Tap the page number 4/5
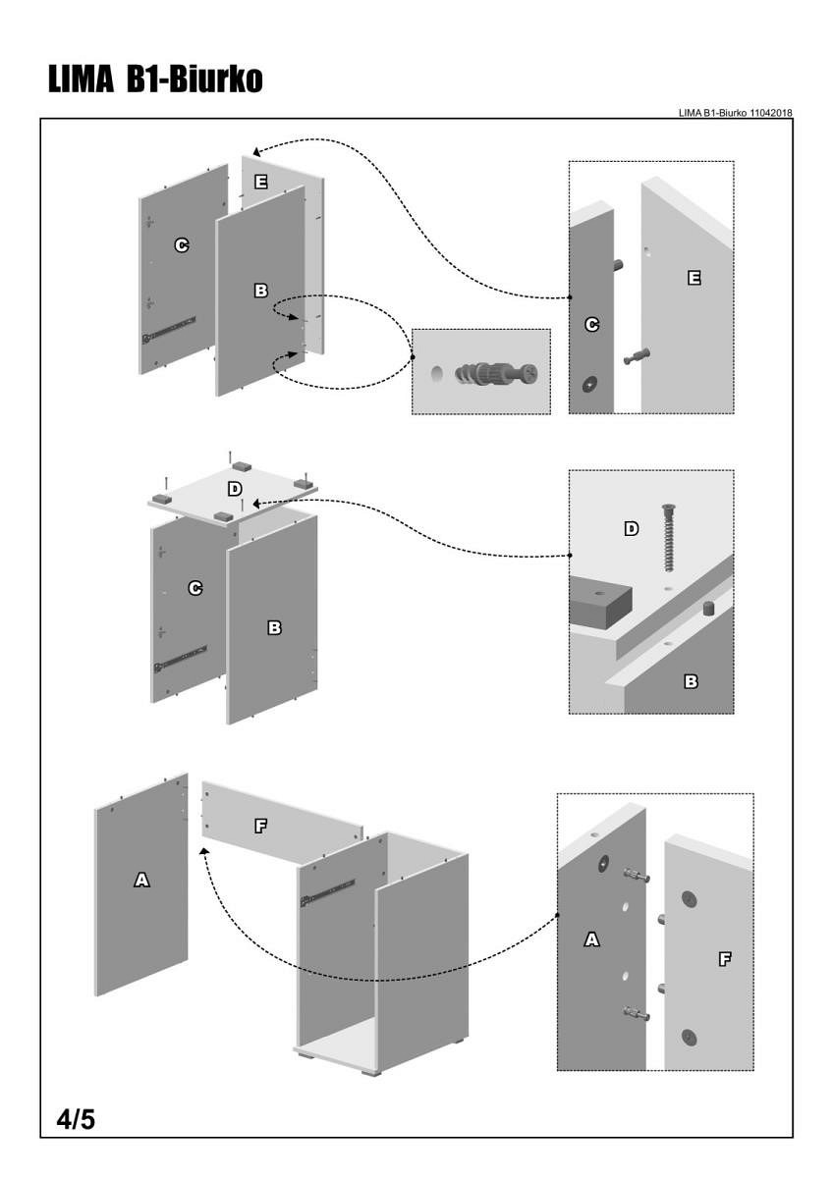pos(75,1118)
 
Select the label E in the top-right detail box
pos(694,279)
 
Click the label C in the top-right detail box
pos(591,324)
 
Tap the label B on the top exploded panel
pos(260,291)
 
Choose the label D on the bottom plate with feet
pos(235,489)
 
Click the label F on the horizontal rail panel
pos(260,826)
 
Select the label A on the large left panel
pos(141,881)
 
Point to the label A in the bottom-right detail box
pos(591,939)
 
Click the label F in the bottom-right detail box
pos(725,959)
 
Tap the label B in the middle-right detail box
pos(691,680)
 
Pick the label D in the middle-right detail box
pos(632,529)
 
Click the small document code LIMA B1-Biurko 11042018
pos(735,113)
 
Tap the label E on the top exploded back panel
pos(260,182)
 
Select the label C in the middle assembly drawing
pos(195,588)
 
